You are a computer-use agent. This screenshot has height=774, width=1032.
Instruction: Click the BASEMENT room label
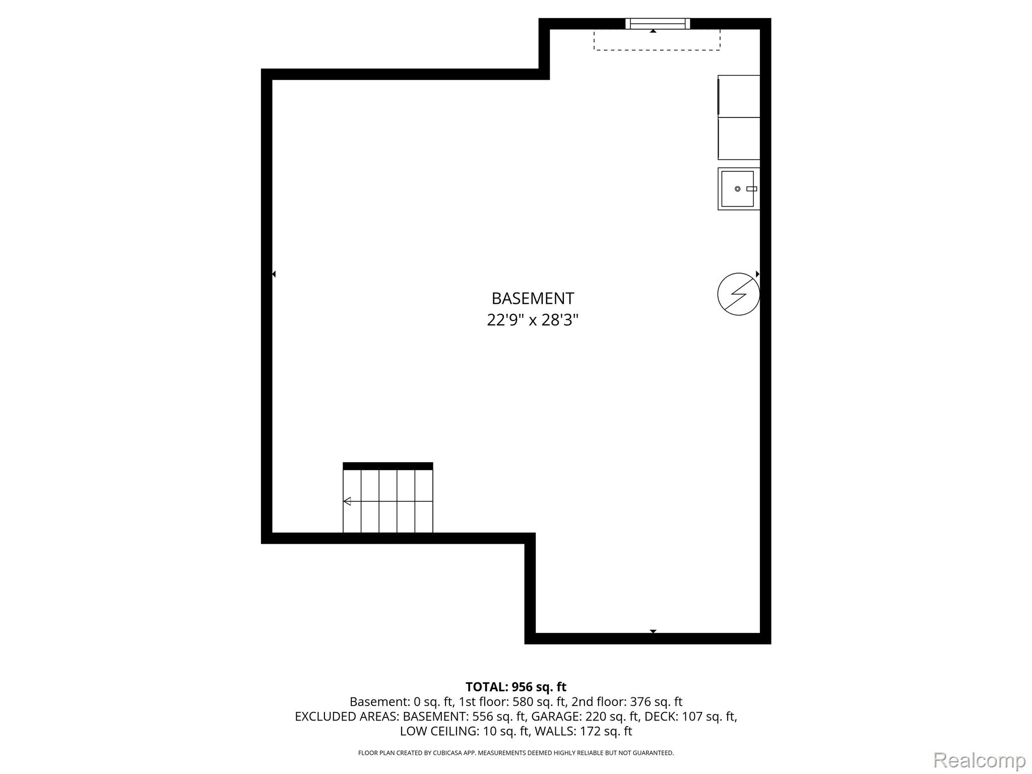(x=533, y=298)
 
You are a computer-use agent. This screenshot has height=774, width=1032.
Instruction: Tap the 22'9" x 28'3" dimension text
(x=533, y=320)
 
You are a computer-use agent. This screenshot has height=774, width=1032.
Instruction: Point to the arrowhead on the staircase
(x=347, y=501)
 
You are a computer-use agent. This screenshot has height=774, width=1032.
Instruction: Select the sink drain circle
(x=737, y=189)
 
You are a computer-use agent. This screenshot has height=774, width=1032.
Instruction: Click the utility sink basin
(x=738, y=188)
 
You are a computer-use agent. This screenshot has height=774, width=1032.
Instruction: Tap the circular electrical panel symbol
(x=739, y=294)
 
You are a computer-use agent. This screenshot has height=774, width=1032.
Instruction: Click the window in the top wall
(x=658, y=24)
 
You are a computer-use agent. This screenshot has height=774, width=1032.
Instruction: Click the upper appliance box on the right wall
(x=739, y=96)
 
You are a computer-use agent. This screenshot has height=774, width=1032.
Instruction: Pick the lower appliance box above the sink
(x=739, y=139)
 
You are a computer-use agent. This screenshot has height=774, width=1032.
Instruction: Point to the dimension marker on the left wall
(x=274, y=274)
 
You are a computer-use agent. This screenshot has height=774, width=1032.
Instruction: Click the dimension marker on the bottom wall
(x=653, y=631)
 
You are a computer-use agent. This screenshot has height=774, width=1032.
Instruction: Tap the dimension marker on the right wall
(x=757, y=274)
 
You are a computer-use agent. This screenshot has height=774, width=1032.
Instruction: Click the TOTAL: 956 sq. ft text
(x=516, y=687)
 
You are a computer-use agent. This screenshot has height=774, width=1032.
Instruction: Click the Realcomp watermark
(x=979, y=760)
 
